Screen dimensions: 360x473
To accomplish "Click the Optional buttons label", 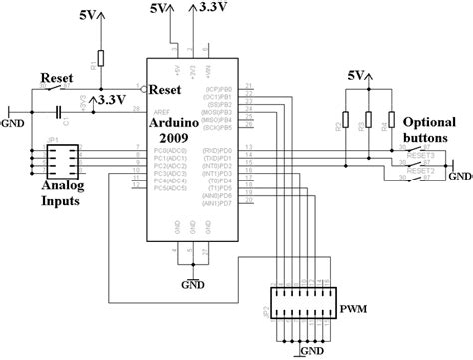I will [x=431, y=123].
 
